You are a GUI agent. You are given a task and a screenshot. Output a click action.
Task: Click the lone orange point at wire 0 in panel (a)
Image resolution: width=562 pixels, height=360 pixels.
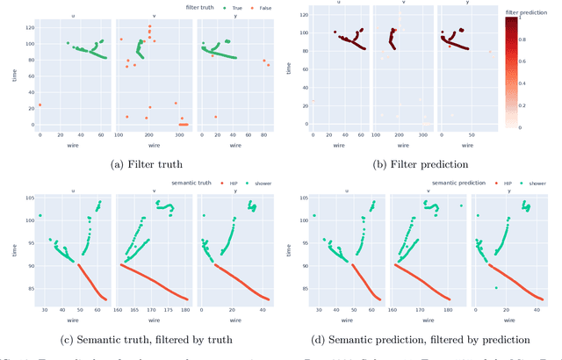(x=40, y=105)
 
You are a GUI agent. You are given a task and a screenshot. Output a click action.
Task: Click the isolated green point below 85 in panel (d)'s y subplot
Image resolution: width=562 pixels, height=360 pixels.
(x=496, y=288)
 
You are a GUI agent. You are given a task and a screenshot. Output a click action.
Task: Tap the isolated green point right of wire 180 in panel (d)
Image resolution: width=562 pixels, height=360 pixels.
(x=461, y=205)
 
